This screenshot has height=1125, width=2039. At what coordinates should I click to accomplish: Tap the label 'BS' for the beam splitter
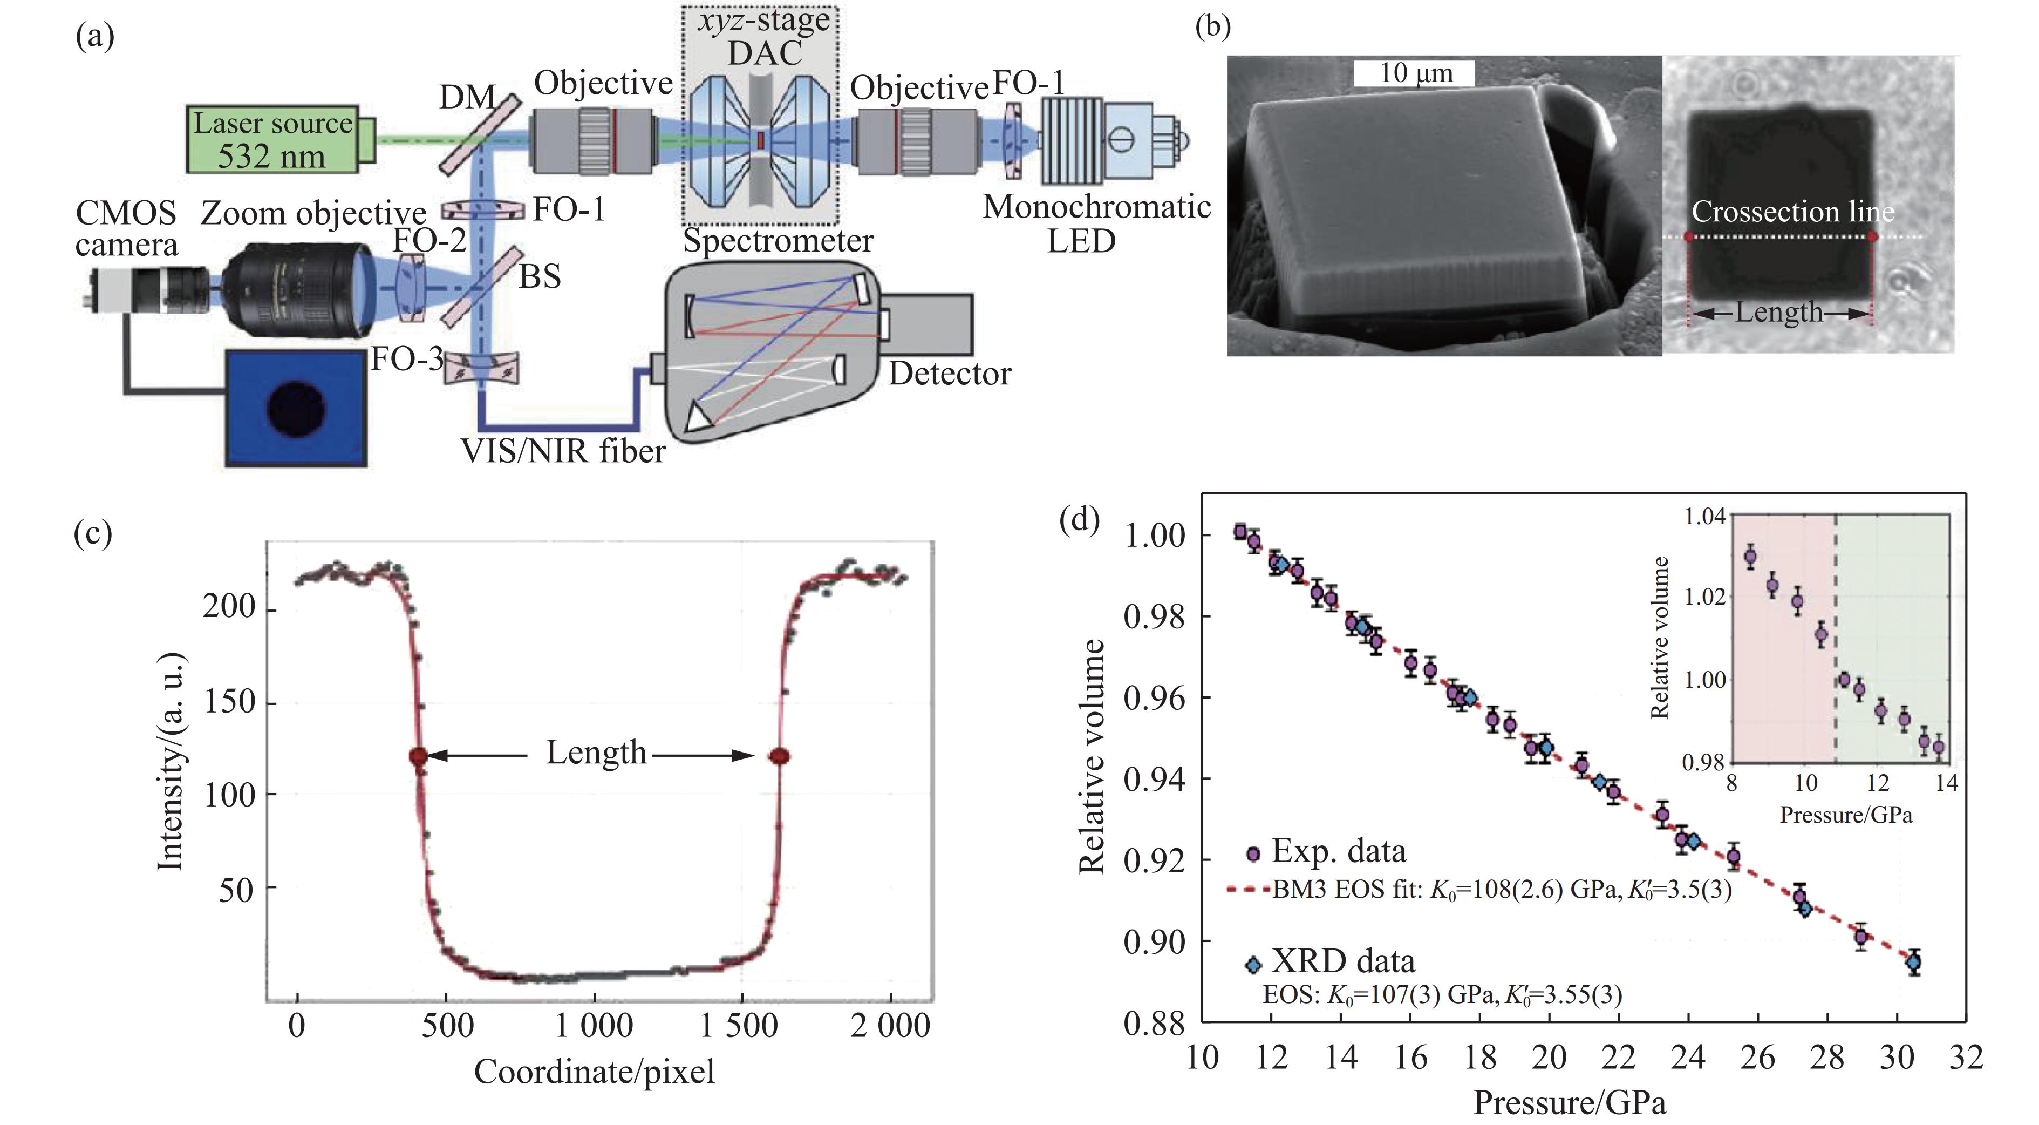539,276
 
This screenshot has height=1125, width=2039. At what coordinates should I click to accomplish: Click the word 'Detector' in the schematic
949,374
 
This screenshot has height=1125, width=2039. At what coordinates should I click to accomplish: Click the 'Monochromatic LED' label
1096,223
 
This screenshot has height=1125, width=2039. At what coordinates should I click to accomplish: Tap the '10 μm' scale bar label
1415,73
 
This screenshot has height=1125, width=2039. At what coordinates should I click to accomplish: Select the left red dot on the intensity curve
418,756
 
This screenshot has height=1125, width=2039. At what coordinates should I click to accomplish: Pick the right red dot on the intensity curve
780,756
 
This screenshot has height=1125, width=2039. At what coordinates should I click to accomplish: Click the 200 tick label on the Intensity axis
229,607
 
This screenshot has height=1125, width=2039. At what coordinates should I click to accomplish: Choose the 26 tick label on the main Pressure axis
1757,1058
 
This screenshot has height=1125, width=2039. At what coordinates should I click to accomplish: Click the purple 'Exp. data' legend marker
1252,854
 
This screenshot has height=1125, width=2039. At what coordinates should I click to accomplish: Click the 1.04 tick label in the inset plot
1703,518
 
